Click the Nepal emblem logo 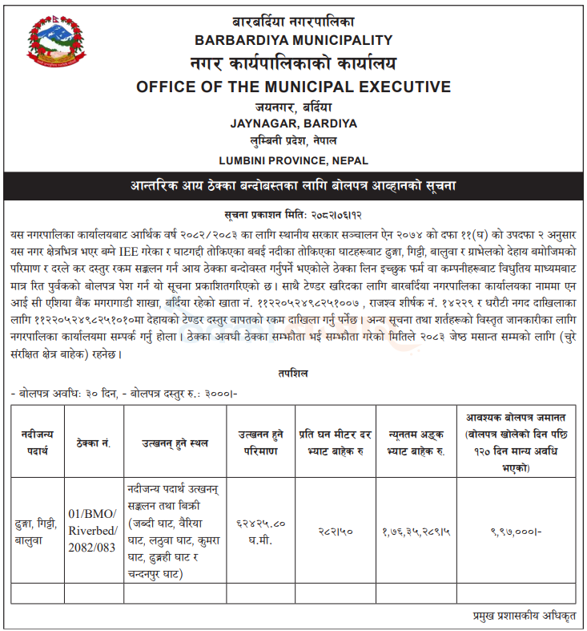coord(54,46)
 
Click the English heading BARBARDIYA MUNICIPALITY coord(293,40)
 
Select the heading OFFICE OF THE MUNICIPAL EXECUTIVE coord(293,87)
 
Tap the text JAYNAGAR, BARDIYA coord(293,123)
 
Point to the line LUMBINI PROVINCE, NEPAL coord(293,160)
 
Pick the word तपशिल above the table coord(293,374)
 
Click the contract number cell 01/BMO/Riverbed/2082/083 coord(93,530)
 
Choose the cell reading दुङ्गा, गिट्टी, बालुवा coord(36,530)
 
